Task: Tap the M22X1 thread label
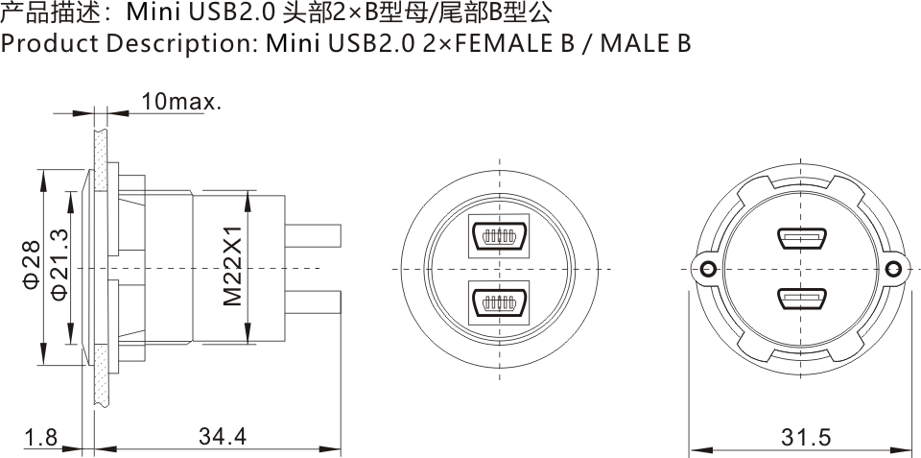[x=233, y=268]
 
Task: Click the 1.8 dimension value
[x=40, y=438]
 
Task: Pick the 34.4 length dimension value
[x=223, y=437]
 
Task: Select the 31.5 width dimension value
[x=805, y=438]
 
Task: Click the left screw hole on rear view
[x=708, y=269]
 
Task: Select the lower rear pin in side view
[x=315, y=301]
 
